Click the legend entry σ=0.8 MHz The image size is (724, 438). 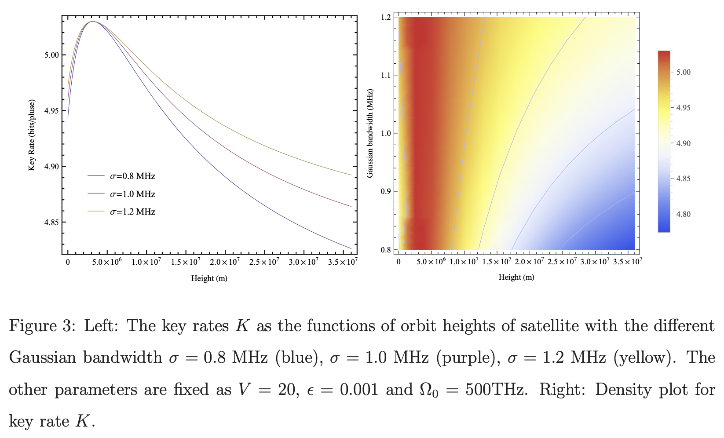point(132,176)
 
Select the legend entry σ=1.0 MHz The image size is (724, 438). point(132,194)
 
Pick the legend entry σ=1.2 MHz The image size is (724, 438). point(132,212)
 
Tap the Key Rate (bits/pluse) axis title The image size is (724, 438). point(32,135)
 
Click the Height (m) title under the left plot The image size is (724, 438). point(209,278)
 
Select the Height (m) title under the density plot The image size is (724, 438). point(516,277)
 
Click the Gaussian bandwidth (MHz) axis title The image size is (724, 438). point(370,133)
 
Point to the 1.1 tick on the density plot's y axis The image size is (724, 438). point(386,75)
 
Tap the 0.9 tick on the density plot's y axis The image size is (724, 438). point(386,191)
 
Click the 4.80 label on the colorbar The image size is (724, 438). point(683,215)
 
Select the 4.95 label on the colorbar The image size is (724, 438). point(683,108)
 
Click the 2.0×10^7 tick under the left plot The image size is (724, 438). point(225,262)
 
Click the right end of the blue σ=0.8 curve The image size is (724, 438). point(351,248)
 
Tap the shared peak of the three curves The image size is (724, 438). point(93,21)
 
